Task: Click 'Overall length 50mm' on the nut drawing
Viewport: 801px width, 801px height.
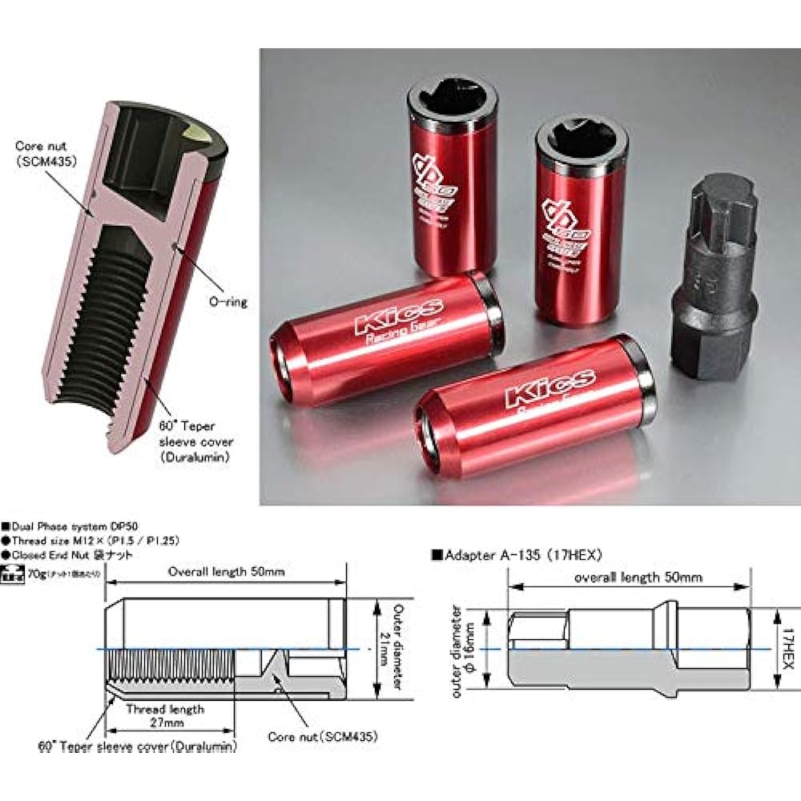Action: pyautogui.click(x=225, y=572)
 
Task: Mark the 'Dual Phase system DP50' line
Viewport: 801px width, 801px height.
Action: pyautogui.click(x=56, y=526)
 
